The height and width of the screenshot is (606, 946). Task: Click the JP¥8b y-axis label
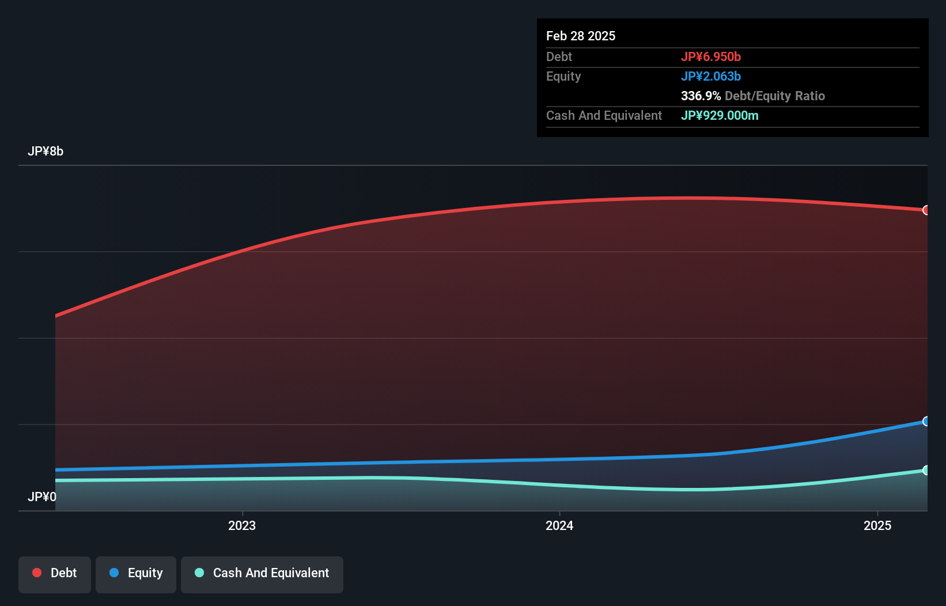click(x=46, y=151)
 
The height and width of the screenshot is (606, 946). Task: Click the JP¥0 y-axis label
click(x=42, y=497)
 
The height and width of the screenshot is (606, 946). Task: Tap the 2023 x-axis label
click(x=242, y=525)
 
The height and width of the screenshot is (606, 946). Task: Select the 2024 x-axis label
click(x=559, y=525)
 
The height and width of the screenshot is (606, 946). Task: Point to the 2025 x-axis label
click(x=877, y=525)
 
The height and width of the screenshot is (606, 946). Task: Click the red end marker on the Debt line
click(x=926, y=210)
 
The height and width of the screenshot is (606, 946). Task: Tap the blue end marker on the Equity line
click(x=926, y=421)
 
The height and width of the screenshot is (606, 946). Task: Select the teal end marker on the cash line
click(x=926, y=470)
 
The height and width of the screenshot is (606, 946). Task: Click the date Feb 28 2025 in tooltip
click(x=581, y=36)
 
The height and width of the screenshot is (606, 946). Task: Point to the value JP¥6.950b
click(x=710, y=56)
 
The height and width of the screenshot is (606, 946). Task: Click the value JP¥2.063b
click(x=710, y=76)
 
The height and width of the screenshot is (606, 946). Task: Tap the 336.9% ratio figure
click(x=701, y=96)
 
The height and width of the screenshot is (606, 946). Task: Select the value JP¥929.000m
click(x=720, y=115)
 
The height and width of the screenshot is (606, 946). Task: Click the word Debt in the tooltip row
click(x=559, y=56)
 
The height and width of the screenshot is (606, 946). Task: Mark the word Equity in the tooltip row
click(x=563, y=76)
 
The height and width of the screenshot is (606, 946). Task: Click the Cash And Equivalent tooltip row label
click(x=604, y=115)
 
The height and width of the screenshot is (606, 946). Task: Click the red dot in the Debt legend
click(x=37, y=573)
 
